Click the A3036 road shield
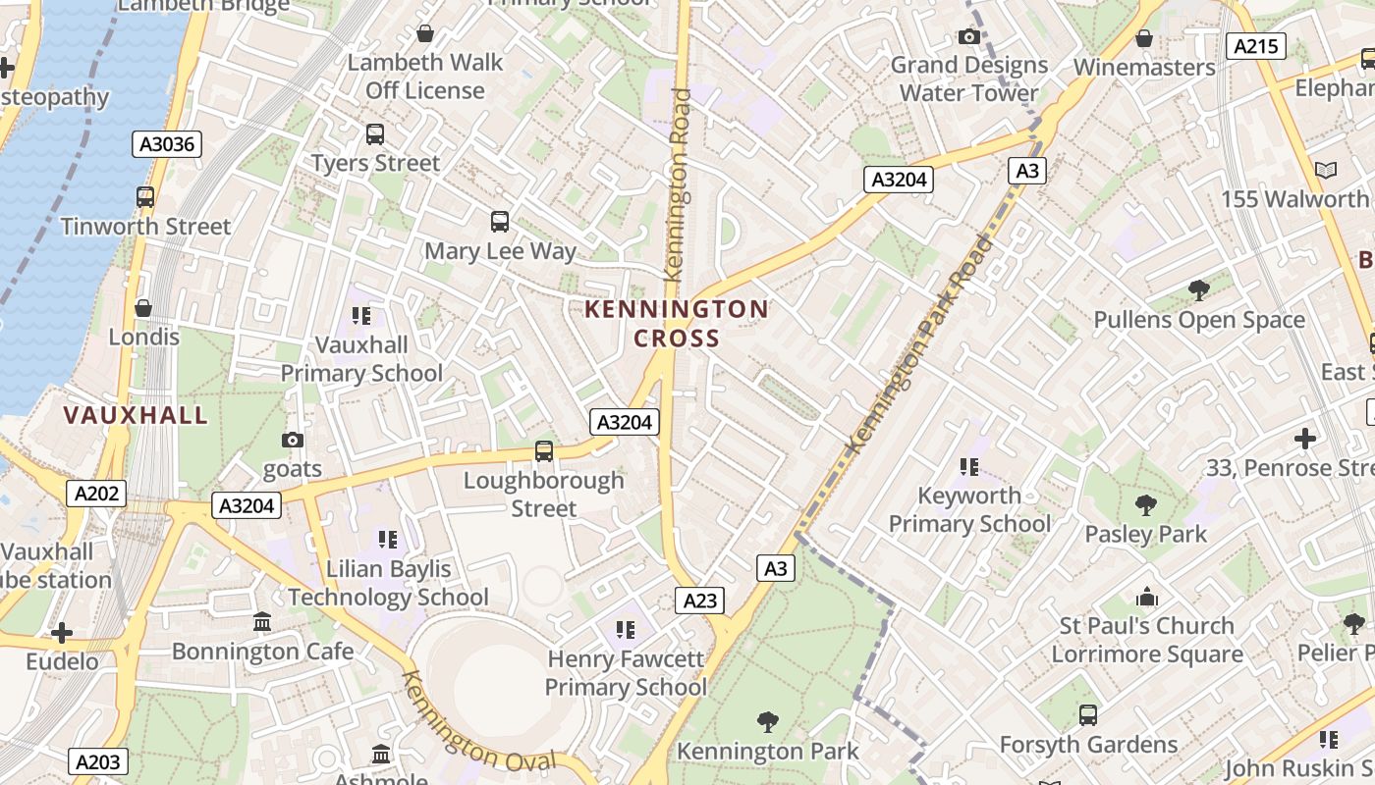click(167, 144)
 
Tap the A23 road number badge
click(700, 601)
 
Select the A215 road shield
click(1255, 45)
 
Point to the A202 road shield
click(96, 494)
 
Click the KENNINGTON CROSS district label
click(677, 324)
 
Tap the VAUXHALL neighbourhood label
click(136, 415)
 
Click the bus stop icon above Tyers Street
click(374, 134)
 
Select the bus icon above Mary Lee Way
click(500, 222)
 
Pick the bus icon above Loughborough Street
click(543, 451)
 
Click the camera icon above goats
click(292, 440)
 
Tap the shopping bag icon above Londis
click(143, 308)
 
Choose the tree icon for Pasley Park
click(1145, 505)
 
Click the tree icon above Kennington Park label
click(768, 722)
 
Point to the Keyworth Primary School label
click(969, 509)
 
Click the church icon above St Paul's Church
click(1146, 597)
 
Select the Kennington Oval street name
click(478, 723)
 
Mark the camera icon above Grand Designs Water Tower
click(968, 37)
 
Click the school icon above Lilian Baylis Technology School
click(388, 540)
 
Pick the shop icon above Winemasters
click(1143, 38)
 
